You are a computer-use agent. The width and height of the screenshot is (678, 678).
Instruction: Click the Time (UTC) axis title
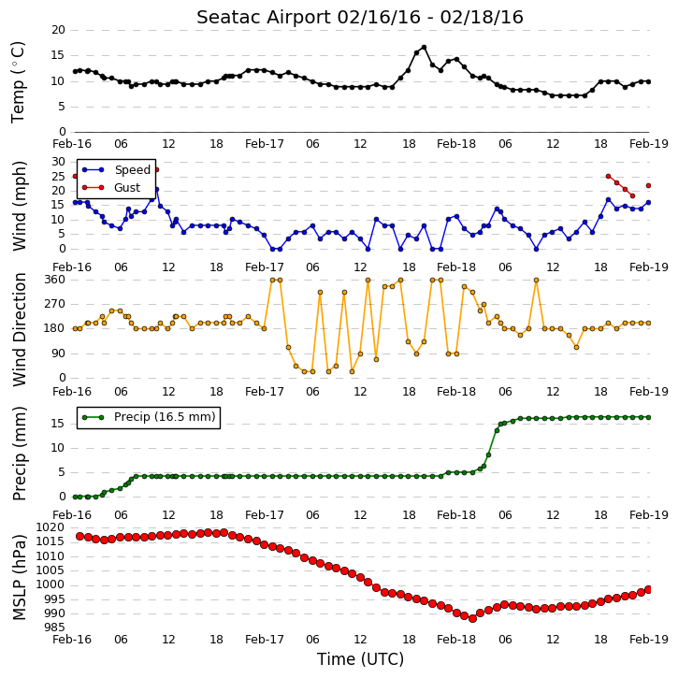(360, 659)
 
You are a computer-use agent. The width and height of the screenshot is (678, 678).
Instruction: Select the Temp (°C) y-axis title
(18, 82)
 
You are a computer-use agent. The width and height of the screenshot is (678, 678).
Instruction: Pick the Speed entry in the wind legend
(132, 169)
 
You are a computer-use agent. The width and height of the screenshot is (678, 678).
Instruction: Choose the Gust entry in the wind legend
(127, 188)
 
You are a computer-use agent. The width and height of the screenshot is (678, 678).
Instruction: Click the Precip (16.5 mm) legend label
(165, 417)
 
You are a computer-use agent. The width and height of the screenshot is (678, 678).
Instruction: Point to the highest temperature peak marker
(424, 48)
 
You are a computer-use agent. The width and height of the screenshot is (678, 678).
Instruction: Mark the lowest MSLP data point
(472, 619)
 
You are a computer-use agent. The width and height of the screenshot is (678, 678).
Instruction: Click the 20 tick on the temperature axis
(58, 30)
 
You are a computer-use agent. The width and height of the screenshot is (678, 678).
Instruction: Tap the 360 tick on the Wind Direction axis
(55, 280)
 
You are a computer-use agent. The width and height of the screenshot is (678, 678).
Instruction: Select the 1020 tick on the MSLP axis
(50, 527)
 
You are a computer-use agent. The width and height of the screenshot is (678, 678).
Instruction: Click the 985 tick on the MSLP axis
(54, 628)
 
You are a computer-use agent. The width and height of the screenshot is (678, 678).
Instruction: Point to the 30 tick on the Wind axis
(58, 162)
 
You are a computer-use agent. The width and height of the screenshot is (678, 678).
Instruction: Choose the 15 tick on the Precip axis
(58, 424)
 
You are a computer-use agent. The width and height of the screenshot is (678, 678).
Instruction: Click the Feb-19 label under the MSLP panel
(649, 639)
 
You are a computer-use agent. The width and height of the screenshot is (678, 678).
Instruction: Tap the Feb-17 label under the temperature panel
(265, 144)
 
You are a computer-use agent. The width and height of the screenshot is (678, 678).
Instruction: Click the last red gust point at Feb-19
(648, 185)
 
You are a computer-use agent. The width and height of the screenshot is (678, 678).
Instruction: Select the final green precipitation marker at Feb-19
(648, 417)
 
